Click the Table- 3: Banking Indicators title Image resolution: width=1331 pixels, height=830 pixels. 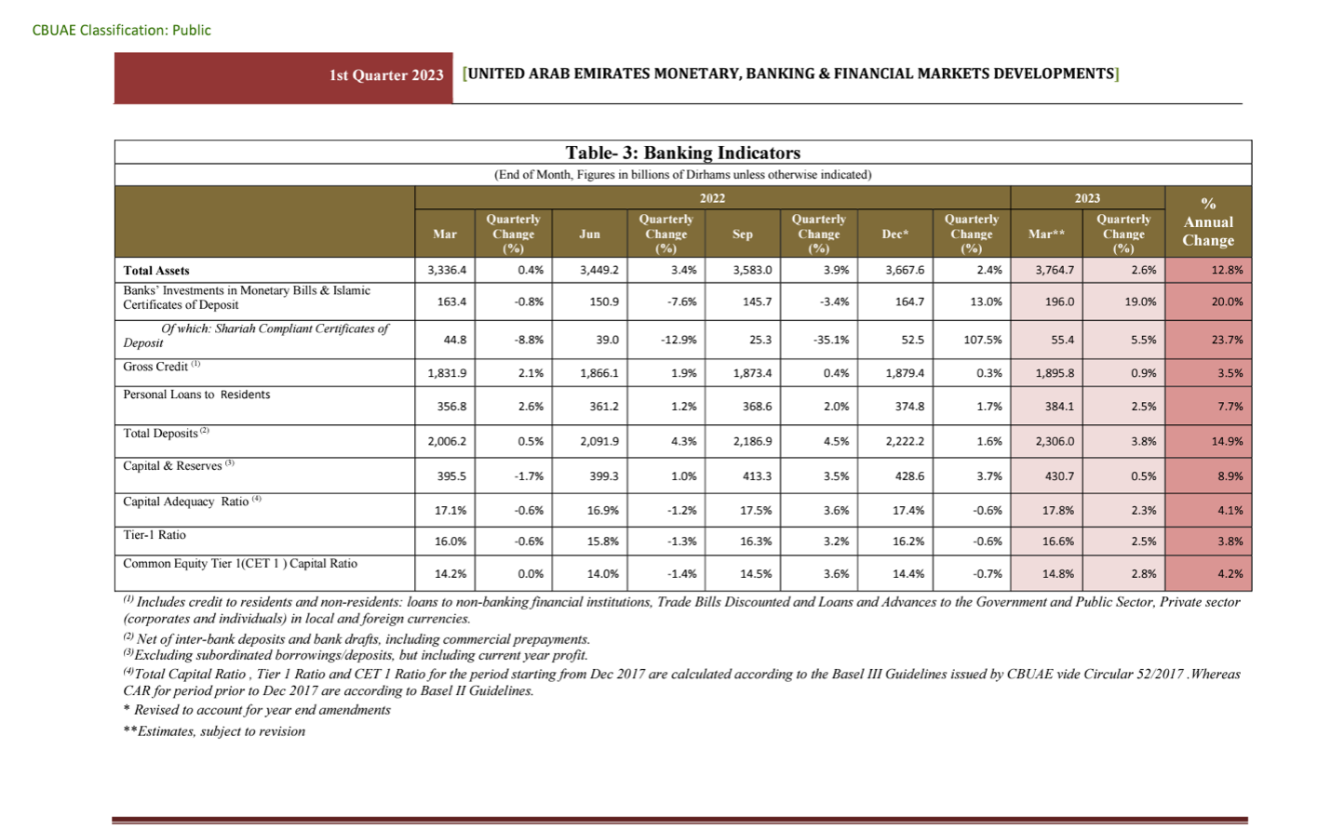pos(682,153)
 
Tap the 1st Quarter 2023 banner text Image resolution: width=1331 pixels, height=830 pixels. pos(385,75)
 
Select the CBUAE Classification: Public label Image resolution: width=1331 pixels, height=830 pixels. pos(121,30)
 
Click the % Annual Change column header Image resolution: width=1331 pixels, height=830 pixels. pos(1207,222)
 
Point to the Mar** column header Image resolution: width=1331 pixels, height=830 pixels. pos(1046,234)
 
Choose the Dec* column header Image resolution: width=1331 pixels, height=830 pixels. pos(894,234)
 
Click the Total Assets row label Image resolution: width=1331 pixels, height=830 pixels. pos(156,271)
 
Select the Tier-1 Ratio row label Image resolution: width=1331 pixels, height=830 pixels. pos(155,535)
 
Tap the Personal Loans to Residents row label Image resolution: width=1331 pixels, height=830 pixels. pos(196,395)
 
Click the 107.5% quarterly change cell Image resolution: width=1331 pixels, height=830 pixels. pos(982,340)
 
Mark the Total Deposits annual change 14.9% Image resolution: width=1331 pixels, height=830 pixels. pos(1226,441)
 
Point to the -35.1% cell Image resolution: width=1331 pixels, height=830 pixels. pos(830,340)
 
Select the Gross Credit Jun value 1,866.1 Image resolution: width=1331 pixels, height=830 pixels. pos(598,373)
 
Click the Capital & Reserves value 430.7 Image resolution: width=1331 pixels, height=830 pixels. pos(1057,475)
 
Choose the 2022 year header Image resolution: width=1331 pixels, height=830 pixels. pos(712,198)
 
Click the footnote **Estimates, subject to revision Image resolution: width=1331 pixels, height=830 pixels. pos(214,731)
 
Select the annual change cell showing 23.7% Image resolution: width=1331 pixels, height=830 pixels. pos(1226,340)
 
